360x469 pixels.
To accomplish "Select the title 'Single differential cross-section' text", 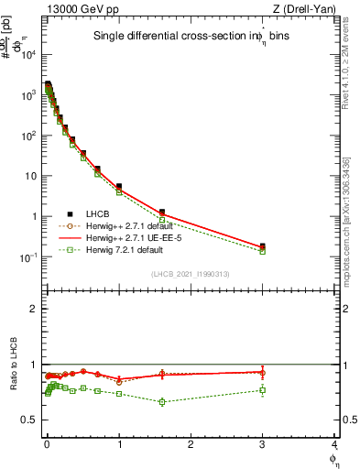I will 164,38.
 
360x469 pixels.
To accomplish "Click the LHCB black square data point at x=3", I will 263,246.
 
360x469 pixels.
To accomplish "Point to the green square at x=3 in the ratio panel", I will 263,390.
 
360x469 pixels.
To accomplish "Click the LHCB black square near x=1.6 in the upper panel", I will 162,213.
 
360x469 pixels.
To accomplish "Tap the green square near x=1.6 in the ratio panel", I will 162,401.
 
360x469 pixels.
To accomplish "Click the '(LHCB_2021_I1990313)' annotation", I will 191,275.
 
